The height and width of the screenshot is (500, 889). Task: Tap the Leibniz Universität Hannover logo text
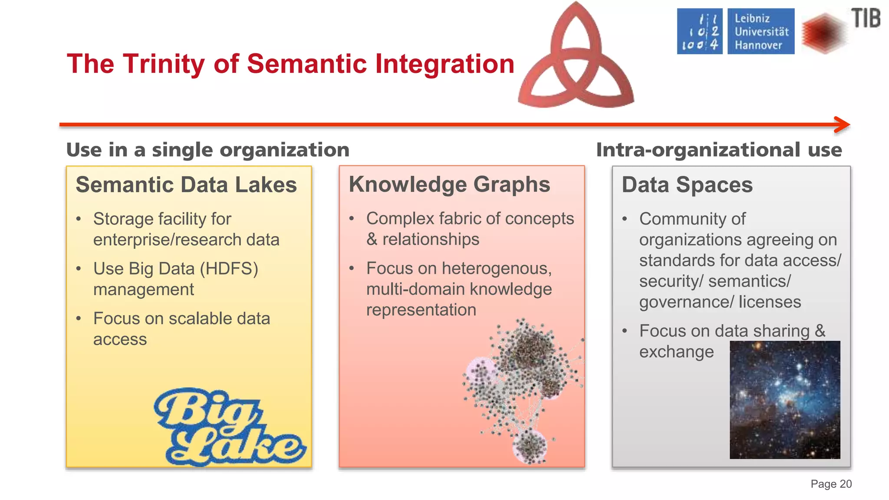(x=761, y=32)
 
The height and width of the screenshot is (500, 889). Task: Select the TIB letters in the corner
(x=866, y=19)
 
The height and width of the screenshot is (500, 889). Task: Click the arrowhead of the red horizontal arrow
(x=843, y=125)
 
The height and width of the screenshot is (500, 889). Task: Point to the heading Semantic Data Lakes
(x=186, y=185)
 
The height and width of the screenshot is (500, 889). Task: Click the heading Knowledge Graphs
(x=449, y=184)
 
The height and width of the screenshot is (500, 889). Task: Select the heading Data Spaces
(x=687, y=185)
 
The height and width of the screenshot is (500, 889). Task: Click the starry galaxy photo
(x=785, y=399)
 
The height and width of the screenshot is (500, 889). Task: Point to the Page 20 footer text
(x=831, y=484)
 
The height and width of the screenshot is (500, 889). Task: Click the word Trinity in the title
(x=164, y=64)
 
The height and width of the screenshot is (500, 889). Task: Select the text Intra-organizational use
(x=719, y=150)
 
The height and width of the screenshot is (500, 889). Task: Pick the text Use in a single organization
(x=207, y=150)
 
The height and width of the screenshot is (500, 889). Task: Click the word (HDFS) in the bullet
(x=229, y=269)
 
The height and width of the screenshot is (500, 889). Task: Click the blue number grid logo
(x=700, y=32)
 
